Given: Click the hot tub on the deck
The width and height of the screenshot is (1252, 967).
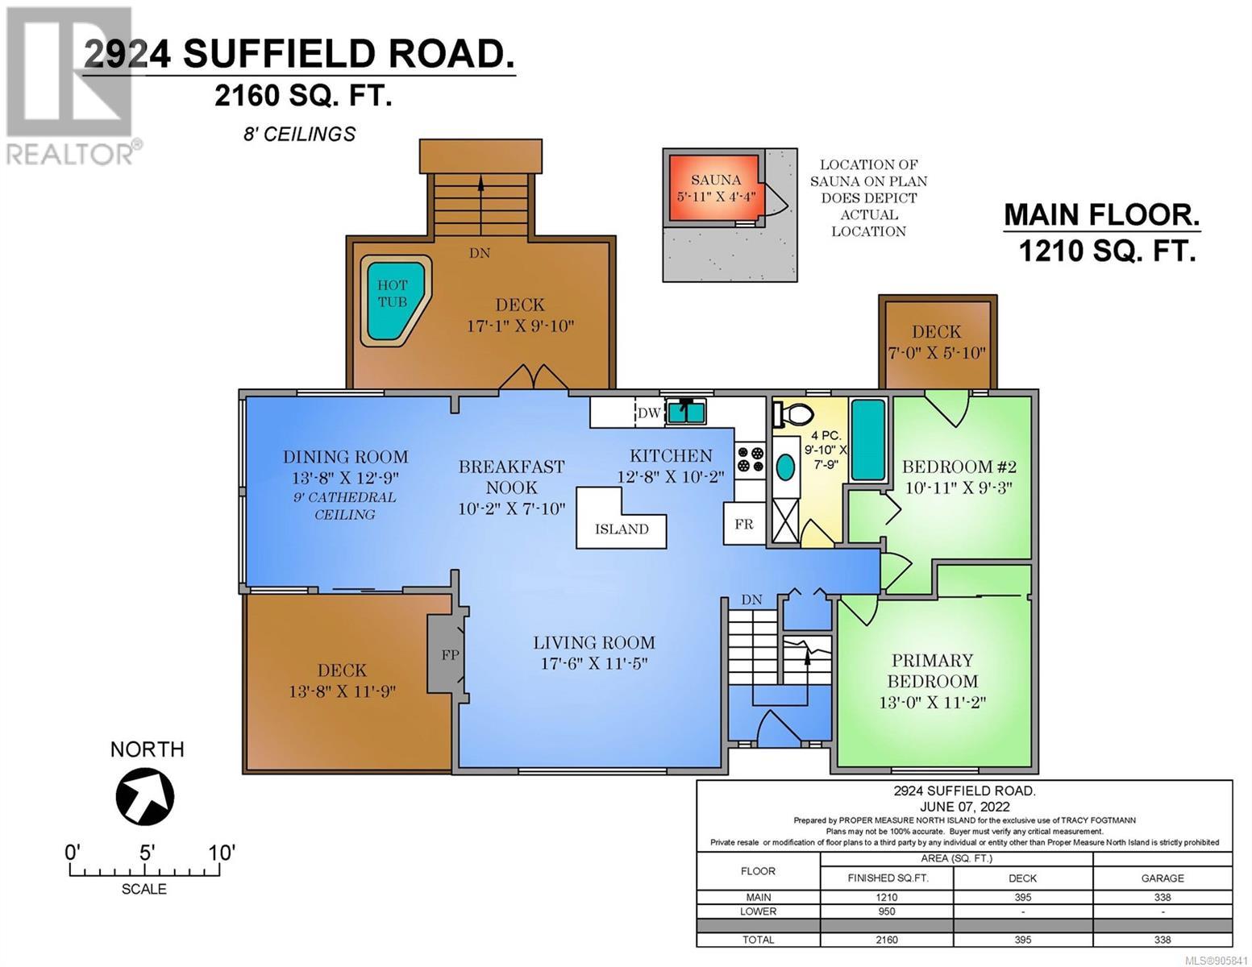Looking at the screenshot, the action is [x=395, y=300].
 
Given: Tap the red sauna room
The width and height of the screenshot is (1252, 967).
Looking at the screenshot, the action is [x=715, y=188].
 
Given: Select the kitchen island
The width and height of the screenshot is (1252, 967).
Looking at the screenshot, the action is [x=621, y=518].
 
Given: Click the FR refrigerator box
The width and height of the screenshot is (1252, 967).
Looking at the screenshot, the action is [x=744, y=524].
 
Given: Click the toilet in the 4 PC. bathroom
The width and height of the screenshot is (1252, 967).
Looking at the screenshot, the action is [x=792, y=413].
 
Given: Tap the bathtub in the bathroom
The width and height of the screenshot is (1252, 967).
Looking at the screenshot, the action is [x=868, y=440].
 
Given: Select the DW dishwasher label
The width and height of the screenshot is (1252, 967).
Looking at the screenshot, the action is [x=649, y=413].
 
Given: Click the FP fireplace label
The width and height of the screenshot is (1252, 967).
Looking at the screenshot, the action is [x=450, y=654].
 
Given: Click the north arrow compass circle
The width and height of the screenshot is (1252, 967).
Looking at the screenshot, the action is [x=144, y=796].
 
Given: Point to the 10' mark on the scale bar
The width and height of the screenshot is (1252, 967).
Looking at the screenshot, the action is [x=221, y=853].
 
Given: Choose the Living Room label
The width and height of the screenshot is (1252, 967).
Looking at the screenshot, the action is [x=593, y=642].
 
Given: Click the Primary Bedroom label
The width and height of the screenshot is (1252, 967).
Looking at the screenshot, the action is [x=932, y=670].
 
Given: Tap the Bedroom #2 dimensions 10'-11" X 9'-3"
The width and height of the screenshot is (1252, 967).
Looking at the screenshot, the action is [x=959, y=488].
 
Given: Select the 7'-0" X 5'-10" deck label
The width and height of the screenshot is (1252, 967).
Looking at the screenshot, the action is [x=936, y=353].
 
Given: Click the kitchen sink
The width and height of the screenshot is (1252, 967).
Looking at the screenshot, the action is [x=685, y=412].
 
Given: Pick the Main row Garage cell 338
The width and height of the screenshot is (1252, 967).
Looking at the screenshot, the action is [x=1163, y=898].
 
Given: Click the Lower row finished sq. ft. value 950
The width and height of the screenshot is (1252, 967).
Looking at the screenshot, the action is [x=887, y=911].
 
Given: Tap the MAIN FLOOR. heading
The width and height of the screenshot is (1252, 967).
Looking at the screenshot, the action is [x=1101, y=215].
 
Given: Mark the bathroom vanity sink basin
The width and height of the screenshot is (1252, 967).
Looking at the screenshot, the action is [x=784, y=467].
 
